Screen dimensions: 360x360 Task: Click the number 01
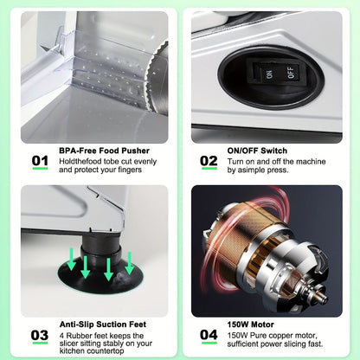(40, 161)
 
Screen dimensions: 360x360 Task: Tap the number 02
(209, 161)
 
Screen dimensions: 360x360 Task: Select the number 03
(40, 335)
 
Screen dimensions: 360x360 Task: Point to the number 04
(209, 335)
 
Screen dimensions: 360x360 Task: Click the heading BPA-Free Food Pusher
(104, 151)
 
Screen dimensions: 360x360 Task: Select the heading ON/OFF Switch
(257, 151)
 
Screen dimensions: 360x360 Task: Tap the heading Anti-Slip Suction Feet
(103, 325)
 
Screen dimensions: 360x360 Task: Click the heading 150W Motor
(250, 325)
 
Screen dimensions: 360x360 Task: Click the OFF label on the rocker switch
(291, 72)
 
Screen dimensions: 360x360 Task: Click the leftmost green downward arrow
(72, 260)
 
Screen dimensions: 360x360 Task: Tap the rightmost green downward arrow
(130, 263)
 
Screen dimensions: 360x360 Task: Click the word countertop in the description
(106, 351)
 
